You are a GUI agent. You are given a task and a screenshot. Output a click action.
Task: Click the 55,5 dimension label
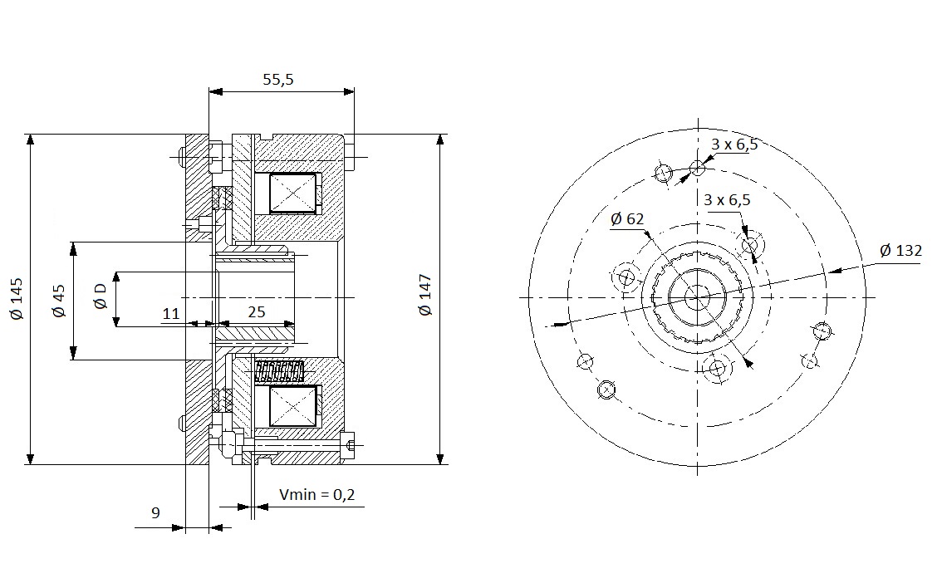pyautogui.click(x=278, y=79)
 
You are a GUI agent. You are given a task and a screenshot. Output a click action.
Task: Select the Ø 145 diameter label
pyautogui.click(x=17, y=298)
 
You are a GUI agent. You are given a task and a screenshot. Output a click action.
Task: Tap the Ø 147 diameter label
pyautogui.click(x=425, y=296)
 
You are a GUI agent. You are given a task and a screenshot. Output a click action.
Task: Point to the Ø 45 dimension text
pyautogui.click(x=58, y=301)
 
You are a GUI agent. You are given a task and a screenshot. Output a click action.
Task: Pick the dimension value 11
pyautogui.click(x=171, y=313)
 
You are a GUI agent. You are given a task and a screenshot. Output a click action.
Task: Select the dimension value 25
pyautogui.click(x=257, y=311)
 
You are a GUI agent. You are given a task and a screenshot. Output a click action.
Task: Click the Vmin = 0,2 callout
pyautogui.click(x=317, y=494)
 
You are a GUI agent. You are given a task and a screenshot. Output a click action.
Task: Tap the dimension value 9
pyautogui.click(x=155, y=512)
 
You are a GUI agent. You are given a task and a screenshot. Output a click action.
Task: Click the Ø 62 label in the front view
pyautogui.click(x=626, y=219)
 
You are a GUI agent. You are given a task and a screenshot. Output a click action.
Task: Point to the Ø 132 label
pyautogui.click(x=900, y=250)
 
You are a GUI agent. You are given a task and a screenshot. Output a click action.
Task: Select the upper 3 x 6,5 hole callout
pyautogui.click(x=734, y=145)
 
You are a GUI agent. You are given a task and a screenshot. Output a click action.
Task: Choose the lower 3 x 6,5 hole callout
pyautogui.click(x=727, y=199)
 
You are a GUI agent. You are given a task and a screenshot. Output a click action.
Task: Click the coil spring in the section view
pyautogui.click(x=280, y=372)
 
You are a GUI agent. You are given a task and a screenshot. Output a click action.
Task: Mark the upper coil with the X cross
pyautogui.click(x=292, y=194)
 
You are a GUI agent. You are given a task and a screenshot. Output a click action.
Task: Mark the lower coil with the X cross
pyautogui.click(x=292, y=406)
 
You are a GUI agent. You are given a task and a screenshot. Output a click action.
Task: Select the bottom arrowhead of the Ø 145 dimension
pyautogui.click(x=30, y=458)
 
